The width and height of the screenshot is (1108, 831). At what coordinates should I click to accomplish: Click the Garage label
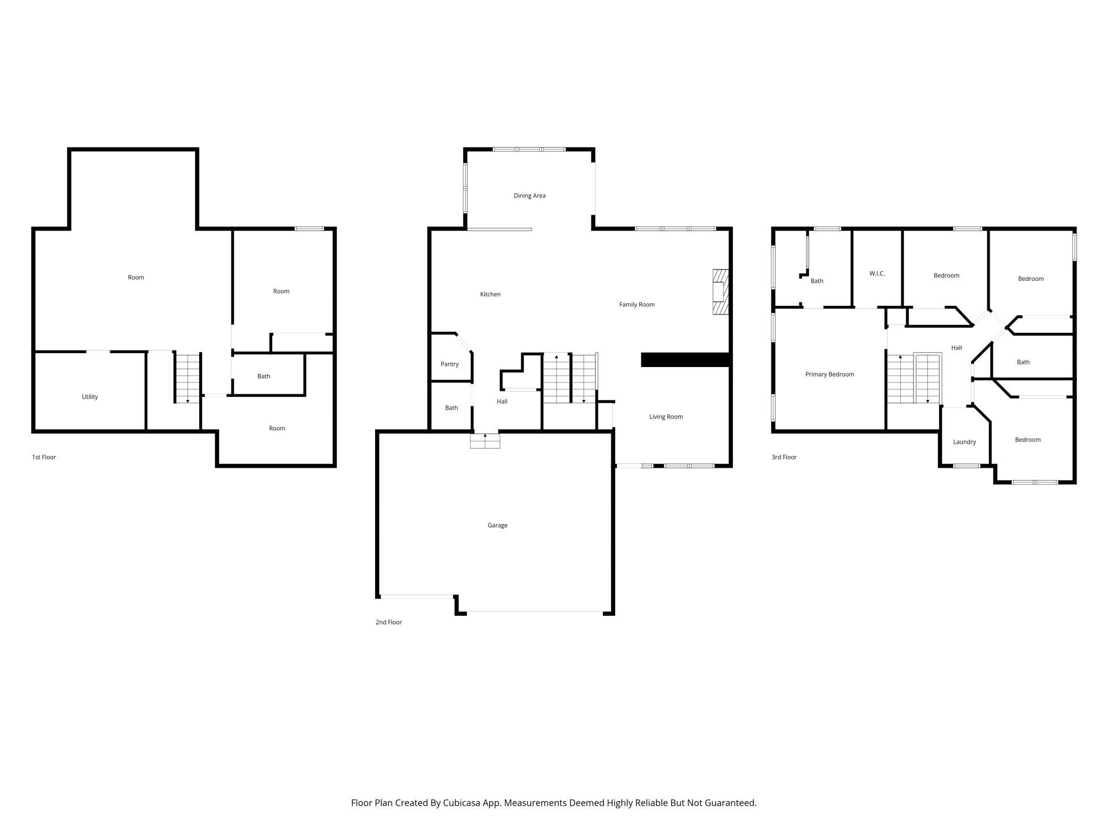[x=498, y=525]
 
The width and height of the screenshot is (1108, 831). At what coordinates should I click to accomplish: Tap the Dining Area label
[x=529, y=195]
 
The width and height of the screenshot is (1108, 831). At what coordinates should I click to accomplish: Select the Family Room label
[x=637, y=305]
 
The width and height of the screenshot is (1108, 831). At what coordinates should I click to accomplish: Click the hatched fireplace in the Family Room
[x=720, y=292]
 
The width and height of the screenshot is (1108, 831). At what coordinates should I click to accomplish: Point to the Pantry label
[x=450, y=364]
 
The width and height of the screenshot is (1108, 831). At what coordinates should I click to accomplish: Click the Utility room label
[x=90, y=397]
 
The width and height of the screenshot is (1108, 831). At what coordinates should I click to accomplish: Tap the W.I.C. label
[x=877, y=274]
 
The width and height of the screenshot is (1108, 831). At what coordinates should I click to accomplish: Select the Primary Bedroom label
[x=830, y=374]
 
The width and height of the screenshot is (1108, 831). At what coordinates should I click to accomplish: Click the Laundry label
[x=965, y=442]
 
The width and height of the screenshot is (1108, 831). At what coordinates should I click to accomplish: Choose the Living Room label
[x=666, y=417]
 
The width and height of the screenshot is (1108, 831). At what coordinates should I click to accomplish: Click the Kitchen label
[x=491, y=294]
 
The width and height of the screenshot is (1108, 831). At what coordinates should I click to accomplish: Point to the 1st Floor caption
[x=44, y=457]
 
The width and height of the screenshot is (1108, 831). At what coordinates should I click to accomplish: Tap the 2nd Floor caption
[x=389, y=622]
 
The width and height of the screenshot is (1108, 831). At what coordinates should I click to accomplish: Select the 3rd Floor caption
[x=784, y=457]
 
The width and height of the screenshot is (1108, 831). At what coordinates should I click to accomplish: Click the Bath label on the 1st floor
[x=264, y=376]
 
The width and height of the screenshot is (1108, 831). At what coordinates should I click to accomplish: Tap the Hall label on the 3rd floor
[x=957, y=348]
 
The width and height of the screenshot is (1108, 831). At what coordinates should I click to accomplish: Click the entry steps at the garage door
[x=485, y=441]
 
